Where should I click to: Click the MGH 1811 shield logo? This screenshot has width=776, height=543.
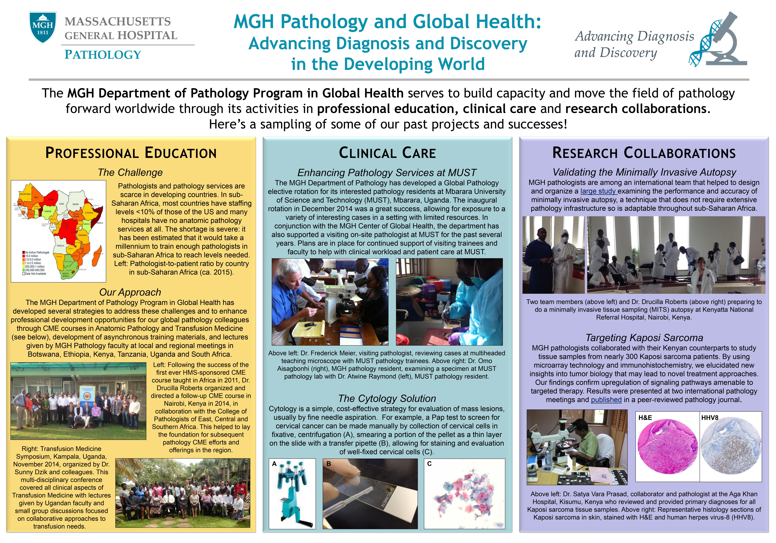(x=43, y=28)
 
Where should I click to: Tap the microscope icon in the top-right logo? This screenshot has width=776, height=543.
(x=727, y=41)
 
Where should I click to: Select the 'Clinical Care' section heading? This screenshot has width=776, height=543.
(x=387, y=153)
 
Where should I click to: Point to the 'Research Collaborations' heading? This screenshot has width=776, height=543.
(x=644, y=153)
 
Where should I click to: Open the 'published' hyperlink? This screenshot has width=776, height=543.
(x=606, y=400)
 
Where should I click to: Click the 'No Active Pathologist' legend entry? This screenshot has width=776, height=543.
(x=36, y=252)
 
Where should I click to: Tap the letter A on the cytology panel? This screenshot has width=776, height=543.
(x=274, y=464)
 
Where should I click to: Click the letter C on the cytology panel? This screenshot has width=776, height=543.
(x=429, y=464)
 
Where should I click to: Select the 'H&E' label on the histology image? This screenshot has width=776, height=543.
(x=645, y=418)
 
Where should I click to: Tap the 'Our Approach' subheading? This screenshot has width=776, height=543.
(x=130, y=292)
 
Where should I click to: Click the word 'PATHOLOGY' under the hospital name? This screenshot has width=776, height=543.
(x=103, y=55)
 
